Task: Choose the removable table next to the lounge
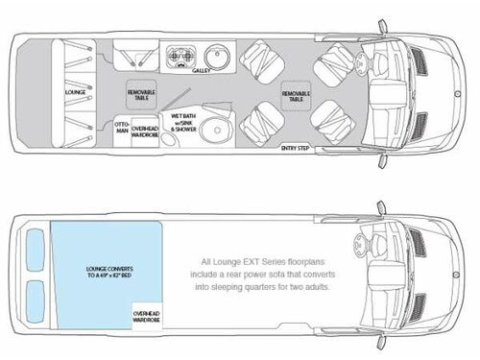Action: (x=140, y=94)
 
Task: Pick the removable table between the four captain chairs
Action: (x=295, y=94)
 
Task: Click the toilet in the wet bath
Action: (x=218, y=132)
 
